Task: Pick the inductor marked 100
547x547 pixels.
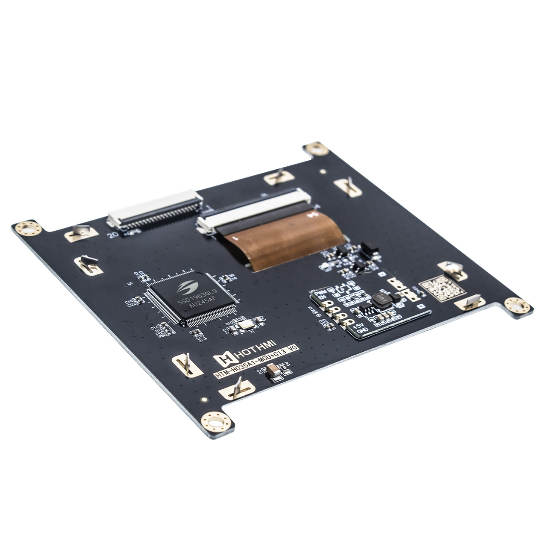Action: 381,300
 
